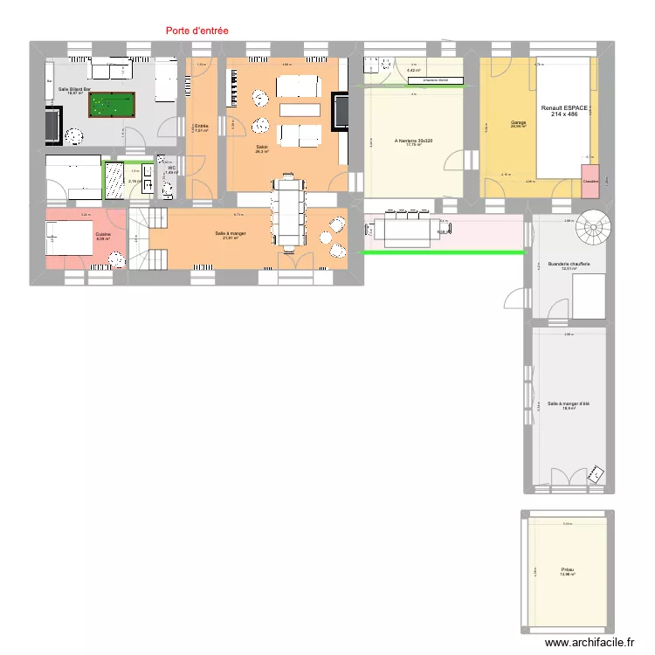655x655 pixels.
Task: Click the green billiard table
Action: (112, 106)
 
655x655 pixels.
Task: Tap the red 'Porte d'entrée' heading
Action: (196, 30)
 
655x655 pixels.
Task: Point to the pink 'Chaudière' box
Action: (590, 175)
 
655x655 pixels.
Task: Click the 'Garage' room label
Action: (517, 123)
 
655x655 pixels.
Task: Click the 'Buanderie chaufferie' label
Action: (569, 264)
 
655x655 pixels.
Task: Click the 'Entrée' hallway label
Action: (200, 127)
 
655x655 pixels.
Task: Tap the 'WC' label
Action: (172, 167)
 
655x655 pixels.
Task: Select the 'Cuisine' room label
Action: (103, 234)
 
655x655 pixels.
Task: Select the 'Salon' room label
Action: (261, 147)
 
